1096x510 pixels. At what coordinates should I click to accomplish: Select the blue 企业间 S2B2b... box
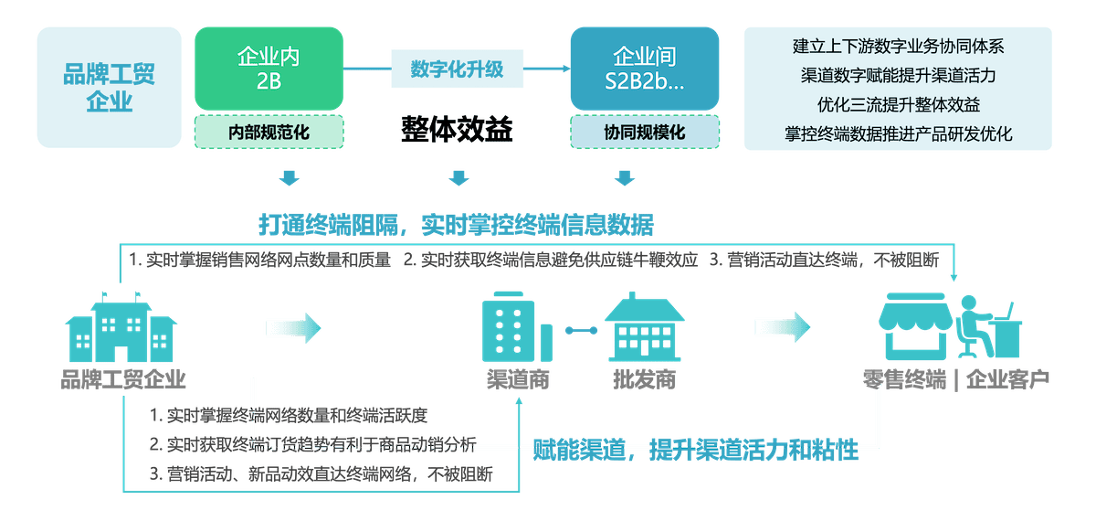coord(644,69)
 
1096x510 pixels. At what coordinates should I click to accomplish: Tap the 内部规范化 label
coord(269,133)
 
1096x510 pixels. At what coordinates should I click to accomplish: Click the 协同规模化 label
coord(644,133)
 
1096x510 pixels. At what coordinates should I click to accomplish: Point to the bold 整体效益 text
coord(457,131)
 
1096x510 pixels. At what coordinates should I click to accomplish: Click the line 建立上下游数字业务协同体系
coord(899,46)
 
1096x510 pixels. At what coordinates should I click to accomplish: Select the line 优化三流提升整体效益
coord(899,104)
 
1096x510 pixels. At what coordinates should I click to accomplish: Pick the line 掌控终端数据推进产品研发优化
coord(899,133)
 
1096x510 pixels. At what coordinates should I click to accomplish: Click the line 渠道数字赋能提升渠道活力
coord(899,75)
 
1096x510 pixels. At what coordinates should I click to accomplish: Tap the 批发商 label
coord(644,379)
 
